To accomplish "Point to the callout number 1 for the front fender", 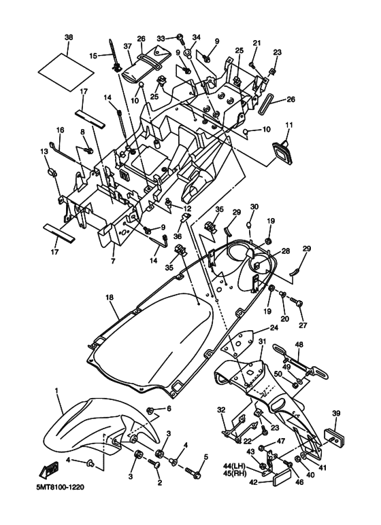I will click(57, 392).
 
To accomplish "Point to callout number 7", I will click(114, 260).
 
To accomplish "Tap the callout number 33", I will click(161, 38).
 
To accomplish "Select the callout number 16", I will click(60, 130).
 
